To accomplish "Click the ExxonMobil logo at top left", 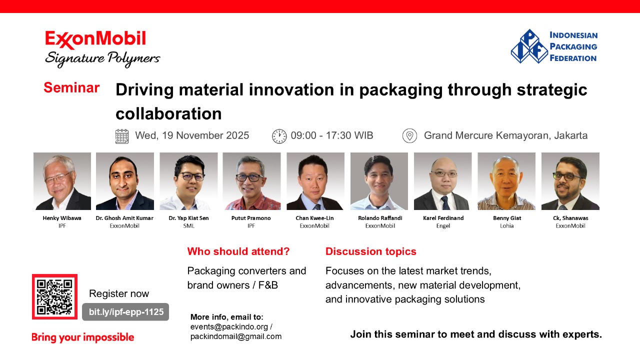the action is pyautogui.click(x=102, y=49).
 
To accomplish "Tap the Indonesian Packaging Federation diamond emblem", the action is pyautogui.click(x=529, y=46).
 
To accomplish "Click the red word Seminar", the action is pyautogui.click(x=71, y=87).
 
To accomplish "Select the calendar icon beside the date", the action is pyautogui.click(x=122, y=136).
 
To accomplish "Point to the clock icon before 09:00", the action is pyautogui.click(x=279, y=136).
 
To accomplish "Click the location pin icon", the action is pyautogui.click(x=409, y=135).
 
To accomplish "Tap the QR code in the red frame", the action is pyautogui.click(x=54, y=296).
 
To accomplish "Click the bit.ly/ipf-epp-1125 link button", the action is pyautogui.click(x=125, y=311).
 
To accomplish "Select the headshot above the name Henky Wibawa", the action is pyautogui.click(x=62, y=181).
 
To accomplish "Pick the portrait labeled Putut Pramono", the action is pyautogui.click(x=251, y=181).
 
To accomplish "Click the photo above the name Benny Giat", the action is pyautogui.click(x=506, y=181).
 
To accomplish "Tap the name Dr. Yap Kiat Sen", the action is pyautogui.click(x=188, y=218).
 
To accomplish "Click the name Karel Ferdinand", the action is pyautogui.click(x=443, y=218).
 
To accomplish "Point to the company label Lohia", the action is pyautogui.click(x=506, y=225).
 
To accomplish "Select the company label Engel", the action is pyautogui.click(x=443, y=225).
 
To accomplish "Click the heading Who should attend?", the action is pyautogui.click(x=238, y=251).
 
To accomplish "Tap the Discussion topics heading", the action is pyautogui.click(x=370, y=251).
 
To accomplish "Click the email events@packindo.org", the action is pyautogui.click(x=229, y=326).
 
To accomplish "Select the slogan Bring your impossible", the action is pyautogui.click(x=82, y=337).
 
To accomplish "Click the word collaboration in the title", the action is pyautogui.click(x=168, y=113).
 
